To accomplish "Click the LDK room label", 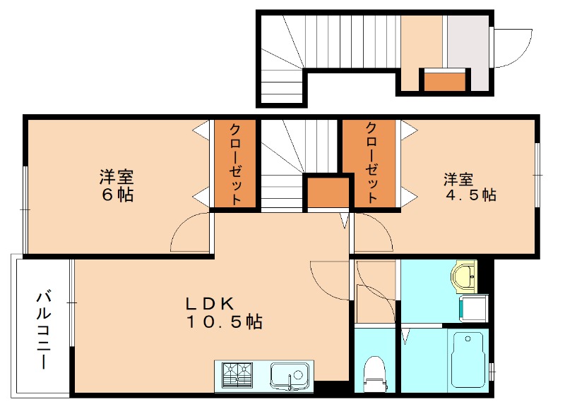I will [210, 304].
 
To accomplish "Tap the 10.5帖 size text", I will [225, 322].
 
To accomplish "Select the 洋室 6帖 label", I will [117, 185].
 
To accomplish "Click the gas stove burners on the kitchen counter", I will [237, 374].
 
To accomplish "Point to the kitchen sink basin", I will [290, 374].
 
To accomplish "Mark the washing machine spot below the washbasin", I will [471, 308].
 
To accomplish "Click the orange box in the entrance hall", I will [444, 81].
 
